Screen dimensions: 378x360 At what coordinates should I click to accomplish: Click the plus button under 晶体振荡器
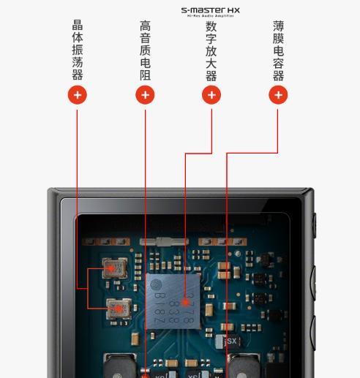[77, 94]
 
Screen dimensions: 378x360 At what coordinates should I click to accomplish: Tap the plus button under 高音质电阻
[145, 94]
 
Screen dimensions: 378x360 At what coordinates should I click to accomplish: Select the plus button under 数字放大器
[211, 94]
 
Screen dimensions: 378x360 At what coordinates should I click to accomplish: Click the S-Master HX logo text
[210, 10]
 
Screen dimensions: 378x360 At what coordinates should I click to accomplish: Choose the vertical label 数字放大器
[211, 51]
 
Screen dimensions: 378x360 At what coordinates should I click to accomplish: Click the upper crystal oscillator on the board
[113, 268]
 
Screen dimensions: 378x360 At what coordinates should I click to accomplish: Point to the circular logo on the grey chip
[156, 284]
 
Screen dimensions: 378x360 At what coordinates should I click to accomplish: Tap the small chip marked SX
[232, 341]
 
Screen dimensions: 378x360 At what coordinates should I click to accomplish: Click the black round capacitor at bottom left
[117, 366]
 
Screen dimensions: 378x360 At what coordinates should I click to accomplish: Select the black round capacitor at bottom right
[243, 366]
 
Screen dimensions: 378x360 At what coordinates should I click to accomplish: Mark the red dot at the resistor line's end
[145, 375]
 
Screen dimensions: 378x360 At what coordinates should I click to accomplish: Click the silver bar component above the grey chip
[168, 239]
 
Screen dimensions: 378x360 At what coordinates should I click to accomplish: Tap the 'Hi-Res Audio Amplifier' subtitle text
[210, 16]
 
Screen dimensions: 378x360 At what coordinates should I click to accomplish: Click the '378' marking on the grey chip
[189, 299]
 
